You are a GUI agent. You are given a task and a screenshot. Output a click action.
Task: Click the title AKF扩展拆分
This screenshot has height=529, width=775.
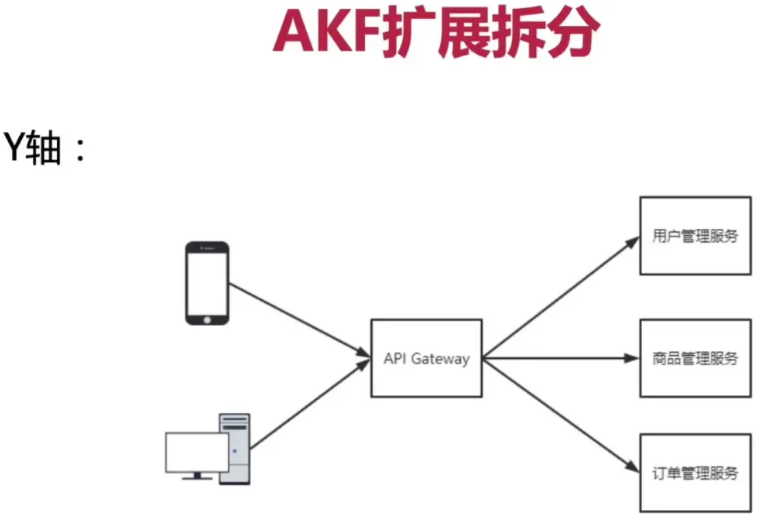tap(436, 33)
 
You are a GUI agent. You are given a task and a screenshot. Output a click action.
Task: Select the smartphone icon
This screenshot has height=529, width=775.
tap(207, 282)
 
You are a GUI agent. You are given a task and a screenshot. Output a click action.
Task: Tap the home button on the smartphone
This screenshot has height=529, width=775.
tap(207, 319)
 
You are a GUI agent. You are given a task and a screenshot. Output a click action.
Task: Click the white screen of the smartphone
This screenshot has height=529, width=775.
tap(207, 282)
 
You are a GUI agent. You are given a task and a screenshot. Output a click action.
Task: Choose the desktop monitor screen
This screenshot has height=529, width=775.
tap(196, 452)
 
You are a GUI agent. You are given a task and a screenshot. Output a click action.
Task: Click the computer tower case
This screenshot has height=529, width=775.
tap(234, 449)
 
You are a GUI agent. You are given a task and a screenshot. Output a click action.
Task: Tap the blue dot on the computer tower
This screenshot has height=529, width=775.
tap(235, 451)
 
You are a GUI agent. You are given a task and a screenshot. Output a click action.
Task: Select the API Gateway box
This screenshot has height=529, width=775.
tap(426, 358)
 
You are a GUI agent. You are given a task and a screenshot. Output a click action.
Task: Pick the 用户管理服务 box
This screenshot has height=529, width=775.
tap(695, 236)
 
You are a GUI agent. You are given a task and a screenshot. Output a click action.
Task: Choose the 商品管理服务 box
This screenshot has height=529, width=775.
tap(695, 358)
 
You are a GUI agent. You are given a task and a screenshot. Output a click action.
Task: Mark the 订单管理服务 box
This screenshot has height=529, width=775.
tap(695, 473)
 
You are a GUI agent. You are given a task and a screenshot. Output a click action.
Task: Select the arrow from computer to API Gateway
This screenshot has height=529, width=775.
tap(308, 405)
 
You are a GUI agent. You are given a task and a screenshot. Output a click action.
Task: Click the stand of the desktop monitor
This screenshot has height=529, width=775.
tap(197, 476)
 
